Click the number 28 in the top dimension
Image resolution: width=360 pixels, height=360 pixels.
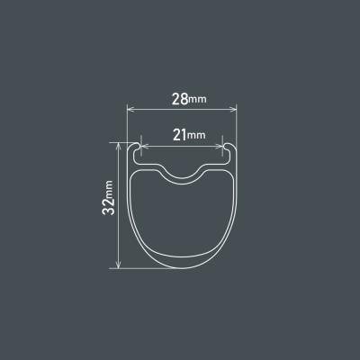tap(180, 99)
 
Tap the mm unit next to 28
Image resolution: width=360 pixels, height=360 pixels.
tap(197, 100)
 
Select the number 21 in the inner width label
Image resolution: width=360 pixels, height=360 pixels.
tap(180, 135)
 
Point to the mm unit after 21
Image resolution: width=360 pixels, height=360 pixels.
tap(196, 135)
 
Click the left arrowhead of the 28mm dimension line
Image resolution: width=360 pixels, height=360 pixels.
tap(130, 109)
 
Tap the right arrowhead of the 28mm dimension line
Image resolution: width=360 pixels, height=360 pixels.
tap(233, 109)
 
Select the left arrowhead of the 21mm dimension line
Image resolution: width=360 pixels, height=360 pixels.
tap(144, 147)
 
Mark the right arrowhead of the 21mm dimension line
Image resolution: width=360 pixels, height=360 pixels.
tap(220, 147)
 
